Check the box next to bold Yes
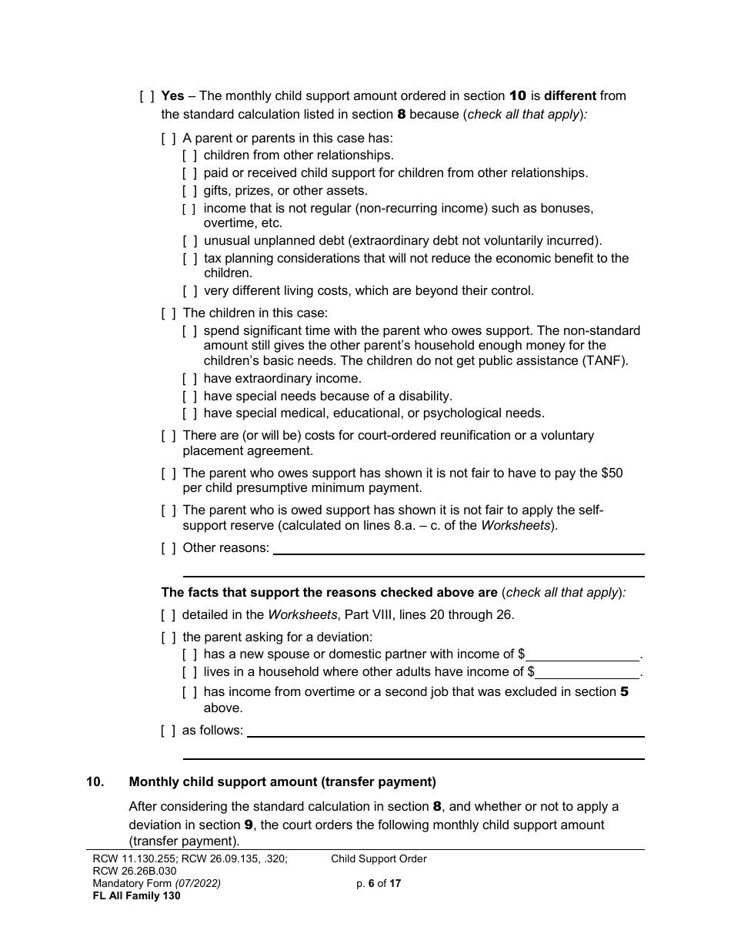coord(147,96)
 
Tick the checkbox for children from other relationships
coord(189,156)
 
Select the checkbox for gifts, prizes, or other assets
coord(189,190)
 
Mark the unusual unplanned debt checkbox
coord(189,240)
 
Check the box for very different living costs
coord(189,291)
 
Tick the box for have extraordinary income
coord(189,379)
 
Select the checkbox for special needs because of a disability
coord(189,396)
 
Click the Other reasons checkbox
coord(169,547)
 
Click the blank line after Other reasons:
coord(459,548)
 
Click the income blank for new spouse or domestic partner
coord(583,654)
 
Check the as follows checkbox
coord(169,730)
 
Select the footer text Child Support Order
coord(379,858)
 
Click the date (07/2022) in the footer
coord(198,883)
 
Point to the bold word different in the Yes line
coord(570,96)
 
